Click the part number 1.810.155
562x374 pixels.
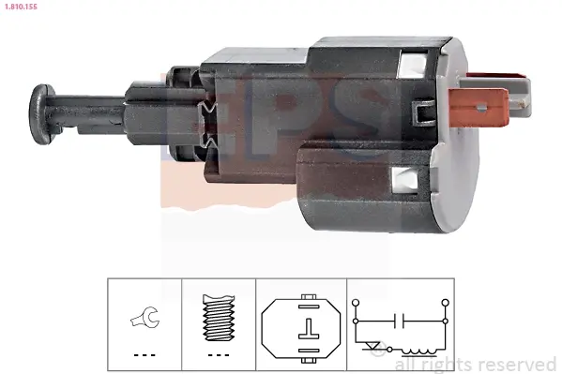coord(21,7)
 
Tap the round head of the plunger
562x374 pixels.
coord(41,114)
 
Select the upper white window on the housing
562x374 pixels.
coord(412,65)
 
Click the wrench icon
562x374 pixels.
coord(144,317)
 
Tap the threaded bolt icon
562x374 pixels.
coord(219,318)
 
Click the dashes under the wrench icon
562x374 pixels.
coord(144,355)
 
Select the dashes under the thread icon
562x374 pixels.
coord(219,355)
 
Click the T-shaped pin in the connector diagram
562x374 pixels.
coord(309,329)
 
